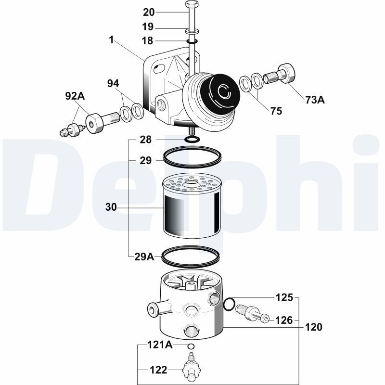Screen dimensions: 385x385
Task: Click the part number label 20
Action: (149, 12)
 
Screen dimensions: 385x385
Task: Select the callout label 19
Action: (148, 27)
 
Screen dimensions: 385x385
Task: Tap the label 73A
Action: (315, 100)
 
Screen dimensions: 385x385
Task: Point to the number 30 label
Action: (111, 207)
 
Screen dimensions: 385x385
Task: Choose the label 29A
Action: (144, 257)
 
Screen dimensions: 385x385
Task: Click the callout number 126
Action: (284, 320)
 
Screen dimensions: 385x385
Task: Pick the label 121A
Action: (159, 345)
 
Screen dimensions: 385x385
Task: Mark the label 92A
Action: (75, 96)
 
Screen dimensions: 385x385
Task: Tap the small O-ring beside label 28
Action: (191, 140)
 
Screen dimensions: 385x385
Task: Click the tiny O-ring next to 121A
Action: (191, 346)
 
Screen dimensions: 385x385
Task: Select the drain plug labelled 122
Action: (191, 368)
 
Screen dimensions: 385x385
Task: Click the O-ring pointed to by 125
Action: (230, 304)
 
